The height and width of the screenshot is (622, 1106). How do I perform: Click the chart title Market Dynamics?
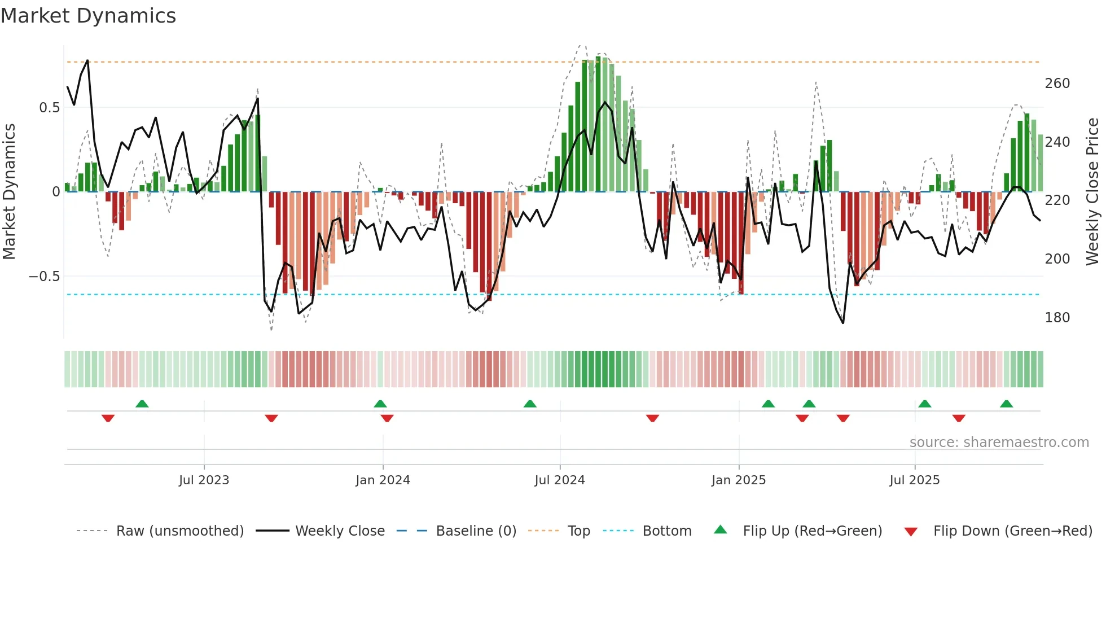(89, 16)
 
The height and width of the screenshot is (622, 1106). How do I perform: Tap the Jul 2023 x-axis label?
(204, 480)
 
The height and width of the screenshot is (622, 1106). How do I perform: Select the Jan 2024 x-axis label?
(383, 480)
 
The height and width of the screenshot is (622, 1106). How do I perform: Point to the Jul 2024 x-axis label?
(559, 480)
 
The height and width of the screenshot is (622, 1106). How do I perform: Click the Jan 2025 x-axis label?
(738, 480)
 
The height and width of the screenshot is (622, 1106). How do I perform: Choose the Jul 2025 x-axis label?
(914, 480)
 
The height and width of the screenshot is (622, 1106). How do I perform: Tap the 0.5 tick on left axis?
(49, 108)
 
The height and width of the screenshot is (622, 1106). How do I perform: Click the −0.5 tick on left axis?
(44, 277)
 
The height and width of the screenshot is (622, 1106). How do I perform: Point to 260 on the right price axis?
(1057, 84)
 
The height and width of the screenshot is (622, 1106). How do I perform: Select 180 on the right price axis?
(1057, 318)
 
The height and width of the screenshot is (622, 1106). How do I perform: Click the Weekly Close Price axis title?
(1092, 192)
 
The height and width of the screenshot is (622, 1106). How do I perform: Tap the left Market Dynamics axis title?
(9, 192)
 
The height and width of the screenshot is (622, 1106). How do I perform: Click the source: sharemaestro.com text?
(999, 443)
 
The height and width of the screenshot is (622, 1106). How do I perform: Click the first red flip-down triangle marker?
(108, 418)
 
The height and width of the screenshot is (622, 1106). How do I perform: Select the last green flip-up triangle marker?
(1006, 404)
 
